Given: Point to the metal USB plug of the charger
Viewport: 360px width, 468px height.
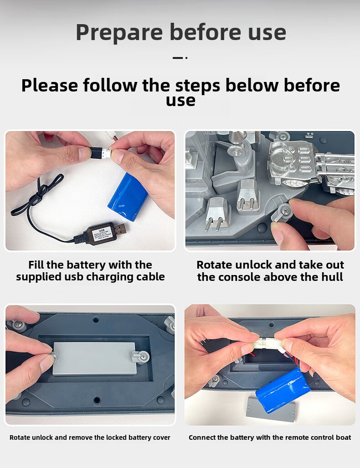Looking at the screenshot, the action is click(120, 229).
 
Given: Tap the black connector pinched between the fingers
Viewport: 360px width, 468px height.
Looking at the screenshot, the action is click(97, 152).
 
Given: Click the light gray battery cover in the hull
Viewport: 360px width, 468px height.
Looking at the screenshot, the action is click(94, 359).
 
